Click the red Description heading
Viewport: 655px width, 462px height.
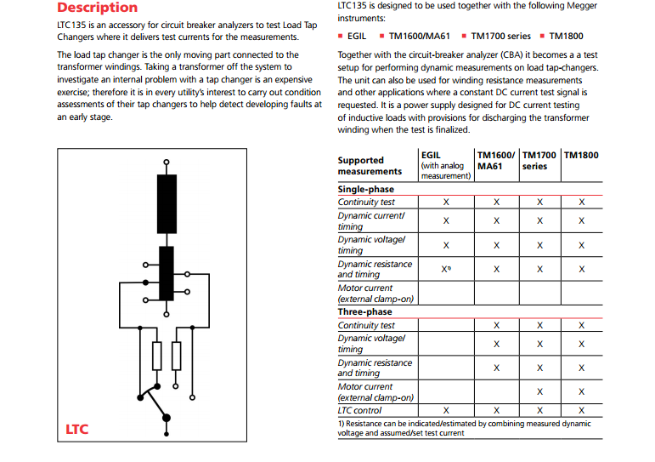pos(97,8)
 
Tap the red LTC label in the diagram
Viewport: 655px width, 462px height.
pos(77,429)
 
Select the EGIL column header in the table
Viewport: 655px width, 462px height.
pos(431,155)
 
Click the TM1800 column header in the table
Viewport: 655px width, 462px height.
pos(581,155)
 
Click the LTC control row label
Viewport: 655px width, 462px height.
pos(359,410)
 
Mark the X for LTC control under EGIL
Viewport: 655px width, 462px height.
pos(446,410)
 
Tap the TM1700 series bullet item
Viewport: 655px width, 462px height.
pos(500,37)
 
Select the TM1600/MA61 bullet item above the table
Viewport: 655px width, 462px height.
pos(418,37)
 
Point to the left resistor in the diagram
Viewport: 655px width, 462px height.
pos(156,355)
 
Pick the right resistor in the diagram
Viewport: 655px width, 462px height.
pos(177,355)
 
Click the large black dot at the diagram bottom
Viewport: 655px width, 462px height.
pos(167,417)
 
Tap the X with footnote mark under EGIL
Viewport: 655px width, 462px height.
pos(446,269)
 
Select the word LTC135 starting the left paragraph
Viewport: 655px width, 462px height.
pos(71,26)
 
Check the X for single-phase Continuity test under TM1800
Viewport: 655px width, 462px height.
pos(582,202)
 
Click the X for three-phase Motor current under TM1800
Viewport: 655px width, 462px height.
pos(582,391)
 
